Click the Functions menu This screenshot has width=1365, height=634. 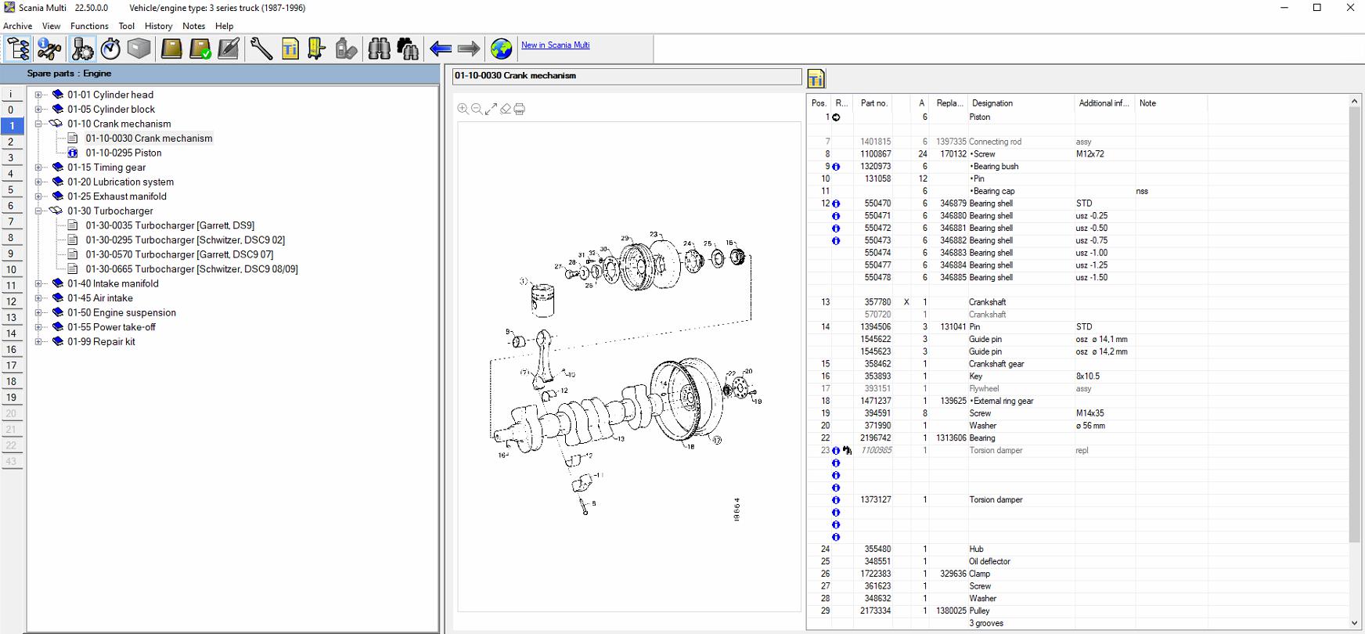pos(89,26)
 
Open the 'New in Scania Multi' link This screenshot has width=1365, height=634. pos(555,45)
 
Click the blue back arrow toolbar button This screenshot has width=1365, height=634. pos(441,49)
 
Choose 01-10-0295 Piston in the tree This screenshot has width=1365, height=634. pos(124,153)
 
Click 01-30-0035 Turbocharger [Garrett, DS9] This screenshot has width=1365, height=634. pos(170,225)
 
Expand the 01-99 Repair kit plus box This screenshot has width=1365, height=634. pos(38,342)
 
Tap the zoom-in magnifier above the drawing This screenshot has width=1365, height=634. pos(463,110)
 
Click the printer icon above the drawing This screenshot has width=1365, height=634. pos(520,110)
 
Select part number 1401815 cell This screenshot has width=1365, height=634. pos(875,142)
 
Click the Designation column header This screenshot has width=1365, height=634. pos(992,103)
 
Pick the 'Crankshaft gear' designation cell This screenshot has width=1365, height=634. pos(996,364)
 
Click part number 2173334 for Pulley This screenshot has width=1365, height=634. pos(875,611)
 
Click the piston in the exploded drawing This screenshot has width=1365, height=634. pos(542,298)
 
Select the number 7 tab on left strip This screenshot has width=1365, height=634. pos(11,222)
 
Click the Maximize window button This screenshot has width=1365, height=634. pos(1317,8)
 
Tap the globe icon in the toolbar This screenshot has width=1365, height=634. pos(501,49)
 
